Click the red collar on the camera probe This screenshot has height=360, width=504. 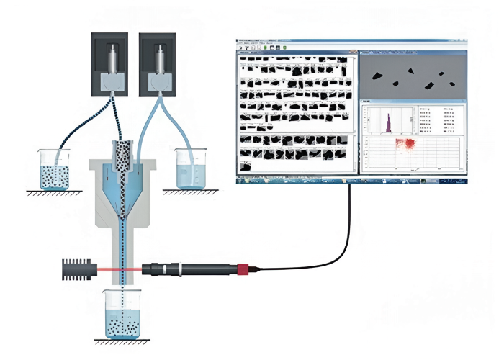click(243, 270)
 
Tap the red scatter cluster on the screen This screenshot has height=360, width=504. click(410, 145)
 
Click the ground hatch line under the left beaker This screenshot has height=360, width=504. click(54, 192)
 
